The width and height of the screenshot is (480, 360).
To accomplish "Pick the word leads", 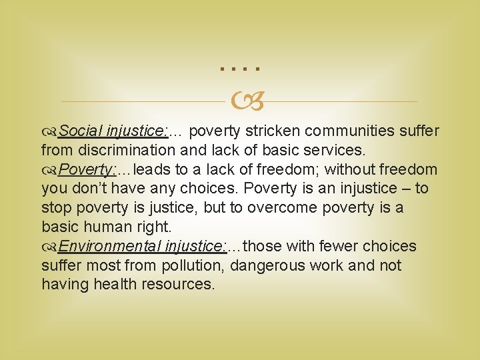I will pos(152,170).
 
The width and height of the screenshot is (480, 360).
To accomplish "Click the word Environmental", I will pos(109,247).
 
